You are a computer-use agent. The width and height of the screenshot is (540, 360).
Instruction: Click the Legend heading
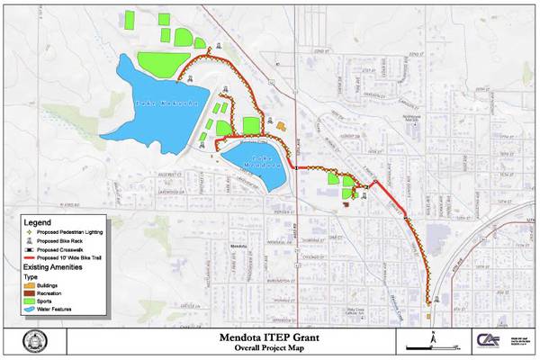tap(37, 221)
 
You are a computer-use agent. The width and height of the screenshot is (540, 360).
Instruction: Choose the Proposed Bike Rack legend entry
tap(63, 241)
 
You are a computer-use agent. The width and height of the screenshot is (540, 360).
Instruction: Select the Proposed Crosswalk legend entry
tap(63, 250)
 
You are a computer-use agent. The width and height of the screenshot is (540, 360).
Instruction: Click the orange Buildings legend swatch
tap(30, 286)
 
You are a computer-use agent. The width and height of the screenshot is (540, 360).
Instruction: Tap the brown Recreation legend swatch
tap(30, 294)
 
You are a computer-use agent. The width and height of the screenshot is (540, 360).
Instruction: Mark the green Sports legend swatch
tap(30, 301)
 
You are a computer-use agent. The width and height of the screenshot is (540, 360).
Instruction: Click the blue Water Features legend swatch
tap(30, 310)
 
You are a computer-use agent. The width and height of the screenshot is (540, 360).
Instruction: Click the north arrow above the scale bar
tap(433, 336)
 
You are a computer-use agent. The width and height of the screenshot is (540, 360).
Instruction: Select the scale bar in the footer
tap(424, 347)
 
